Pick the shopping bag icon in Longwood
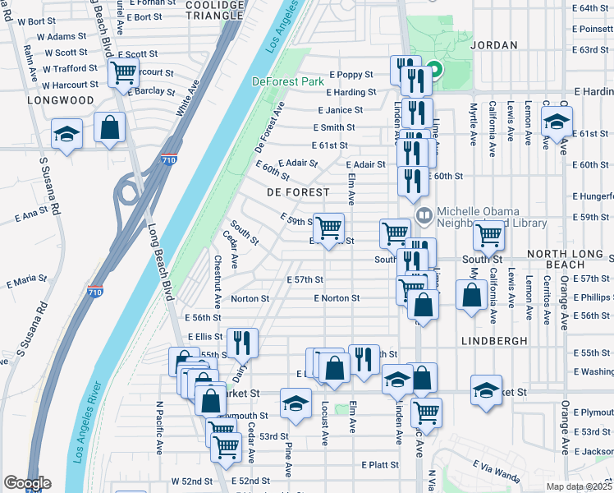pos(109,127)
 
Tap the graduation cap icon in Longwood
pos(66,133)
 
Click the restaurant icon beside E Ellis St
pos(241,343)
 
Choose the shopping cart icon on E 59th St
pos(328,228)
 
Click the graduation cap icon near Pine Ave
pos(296,403)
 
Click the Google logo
pos(28,483)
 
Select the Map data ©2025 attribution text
pos(578,486)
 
